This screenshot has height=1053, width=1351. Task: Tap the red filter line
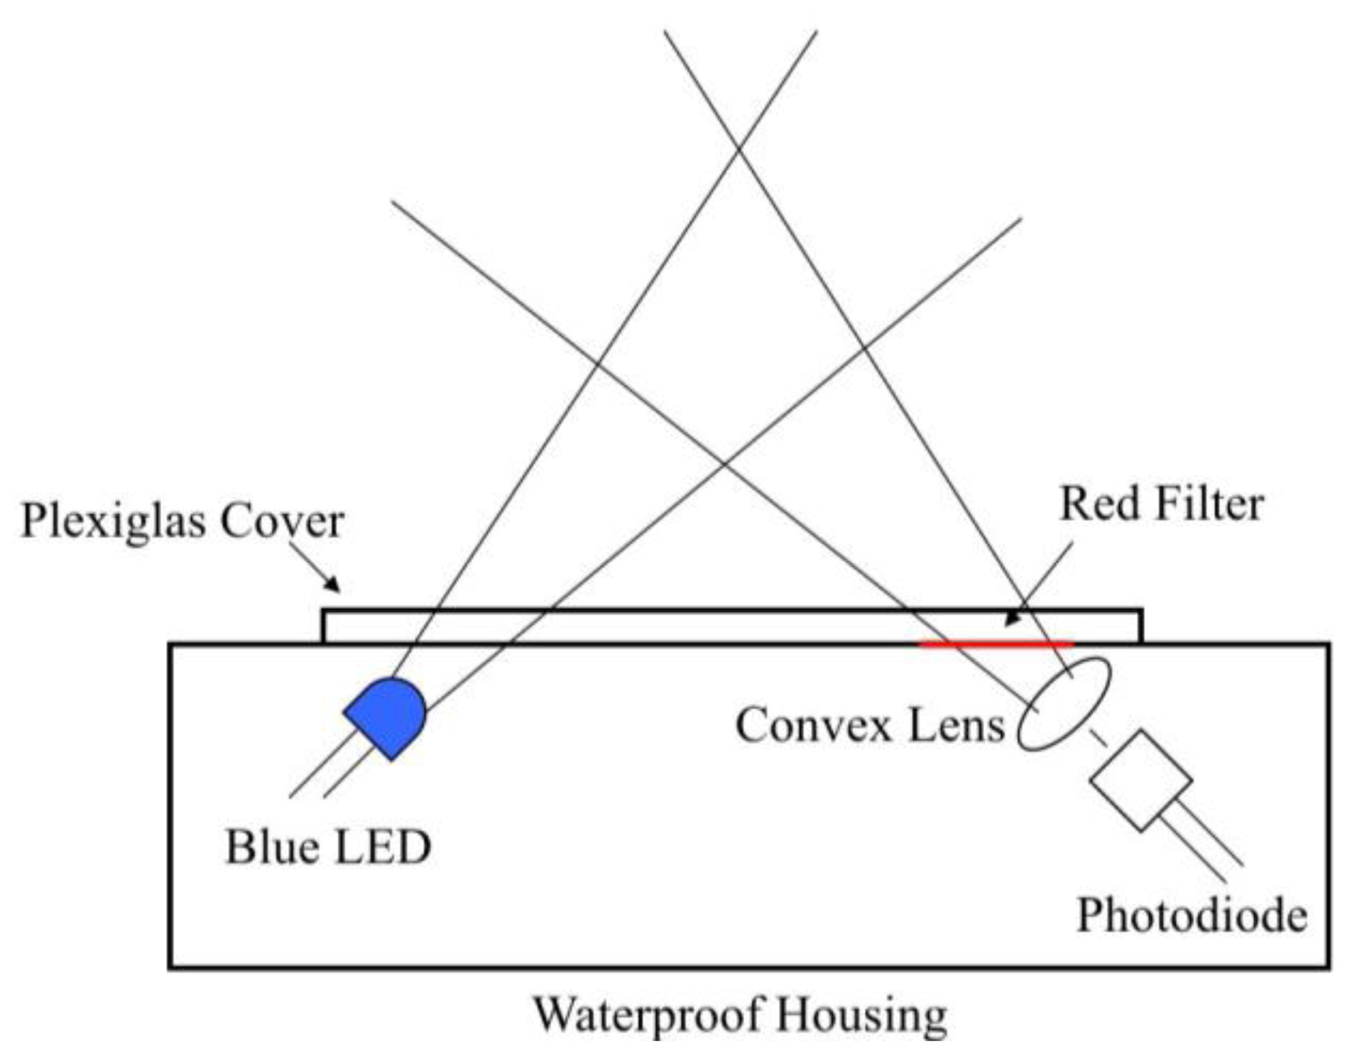(x=996, y=645)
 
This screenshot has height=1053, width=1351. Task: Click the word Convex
(x=813, y=725)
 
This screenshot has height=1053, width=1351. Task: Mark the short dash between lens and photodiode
(x=1098, y=737)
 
